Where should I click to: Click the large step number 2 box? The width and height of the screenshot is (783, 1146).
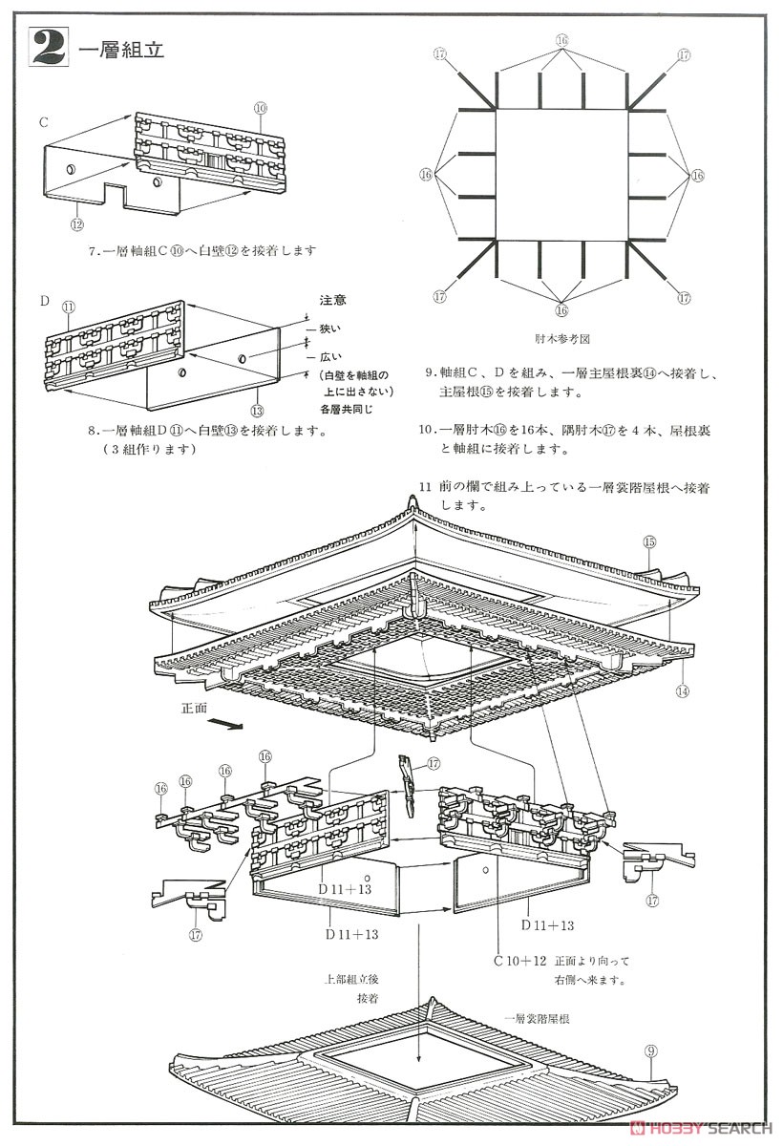click(49, 48)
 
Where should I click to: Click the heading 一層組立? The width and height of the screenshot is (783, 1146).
click(121, 50)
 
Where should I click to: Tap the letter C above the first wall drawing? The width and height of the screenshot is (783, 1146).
click(43, 122)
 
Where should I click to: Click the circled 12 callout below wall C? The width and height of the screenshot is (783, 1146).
click(77, 223)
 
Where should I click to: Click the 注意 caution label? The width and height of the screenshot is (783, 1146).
click(333, 300)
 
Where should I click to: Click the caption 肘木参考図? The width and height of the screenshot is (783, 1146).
click(561, 337)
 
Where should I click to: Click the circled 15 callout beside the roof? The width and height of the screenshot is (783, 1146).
click(649, 541)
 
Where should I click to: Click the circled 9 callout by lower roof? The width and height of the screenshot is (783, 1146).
click(650, 1051)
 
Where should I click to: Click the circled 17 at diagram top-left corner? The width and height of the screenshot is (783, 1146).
click(439, 54)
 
